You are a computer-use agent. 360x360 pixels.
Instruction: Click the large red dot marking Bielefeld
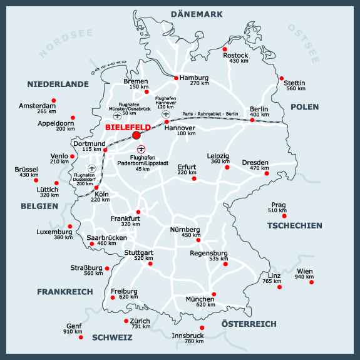coord(136,135)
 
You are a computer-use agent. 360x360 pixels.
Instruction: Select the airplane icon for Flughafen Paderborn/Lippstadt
coord(141,149)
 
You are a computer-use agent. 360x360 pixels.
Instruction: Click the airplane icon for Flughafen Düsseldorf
coord(93,168)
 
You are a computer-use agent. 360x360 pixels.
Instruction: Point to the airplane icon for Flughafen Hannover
coord(166,114)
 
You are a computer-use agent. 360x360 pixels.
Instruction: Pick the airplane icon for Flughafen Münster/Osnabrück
coord(118,116)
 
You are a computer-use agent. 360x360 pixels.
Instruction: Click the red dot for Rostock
coord(225,49)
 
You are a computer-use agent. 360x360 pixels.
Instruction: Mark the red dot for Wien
coord(312,282)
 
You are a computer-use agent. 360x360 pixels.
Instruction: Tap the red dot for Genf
coord(81,337)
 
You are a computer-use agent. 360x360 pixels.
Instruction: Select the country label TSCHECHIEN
coord(294,225)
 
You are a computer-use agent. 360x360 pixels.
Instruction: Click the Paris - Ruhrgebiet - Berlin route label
coord(210,114)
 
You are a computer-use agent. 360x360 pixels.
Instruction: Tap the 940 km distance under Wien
coord(304,277)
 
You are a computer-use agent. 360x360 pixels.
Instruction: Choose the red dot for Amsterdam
coord(54,100)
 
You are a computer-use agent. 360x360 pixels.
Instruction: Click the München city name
coord(200,300)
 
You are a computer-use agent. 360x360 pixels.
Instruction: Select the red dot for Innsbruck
coord(202,327)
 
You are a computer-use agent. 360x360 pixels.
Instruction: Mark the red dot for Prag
coord(284,216)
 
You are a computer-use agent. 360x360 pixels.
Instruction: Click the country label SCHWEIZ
coord(112,337)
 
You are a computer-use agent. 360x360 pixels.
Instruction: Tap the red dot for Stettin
coord(281,78)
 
